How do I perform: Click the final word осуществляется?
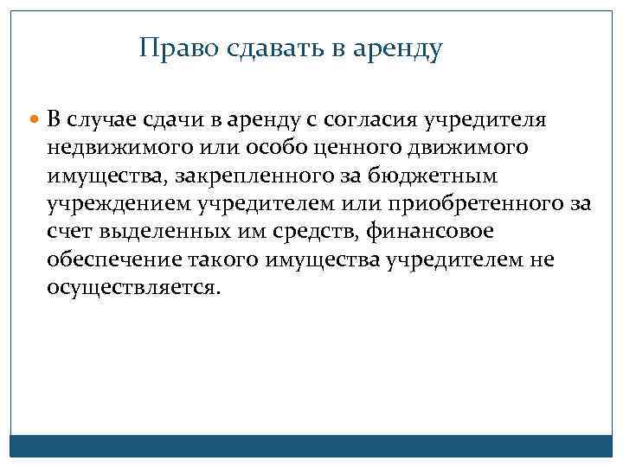tap(134, 289)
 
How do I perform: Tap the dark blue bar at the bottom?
tap(311, 445)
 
